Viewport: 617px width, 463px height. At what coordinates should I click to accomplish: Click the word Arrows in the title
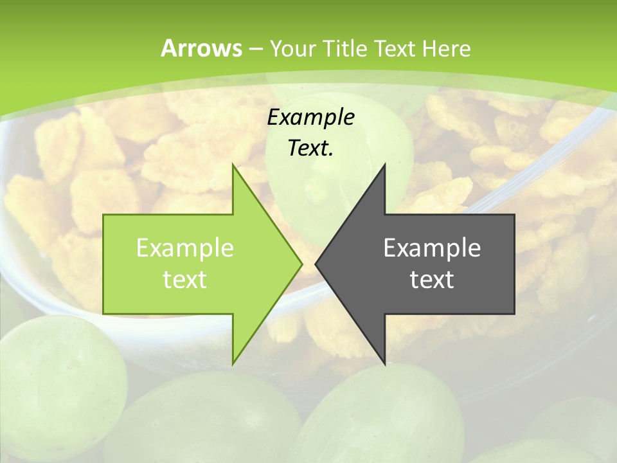pos(201,48)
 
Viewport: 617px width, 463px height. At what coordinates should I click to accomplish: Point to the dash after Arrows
pos(255,50)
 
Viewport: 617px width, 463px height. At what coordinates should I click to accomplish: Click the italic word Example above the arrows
pos(311,118)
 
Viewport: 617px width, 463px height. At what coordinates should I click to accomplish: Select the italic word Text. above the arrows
pos(311,149)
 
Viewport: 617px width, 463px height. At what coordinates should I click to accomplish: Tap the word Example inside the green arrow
pos(185,248)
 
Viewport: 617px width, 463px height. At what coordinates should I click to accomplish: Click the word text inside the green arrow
pos(185,279)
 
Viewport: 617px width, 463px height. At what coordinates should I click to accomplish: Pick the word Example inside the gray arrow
pos(432,248)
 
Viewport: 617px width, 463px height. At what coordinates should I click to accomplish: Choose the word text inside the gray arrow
pos(432,279)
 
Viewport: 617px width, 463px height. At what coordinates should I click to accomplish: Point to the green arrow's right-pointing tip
pos(302,264)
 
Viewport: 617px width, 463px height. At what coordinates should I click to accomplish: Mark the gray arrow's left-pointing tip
pos(316,264)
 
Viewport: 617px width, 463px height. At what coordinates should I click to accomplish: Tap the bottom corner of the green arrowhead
pos(233,364)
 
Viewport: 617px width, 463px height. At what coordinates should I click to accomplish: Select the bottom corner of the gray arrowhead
pos(384,364)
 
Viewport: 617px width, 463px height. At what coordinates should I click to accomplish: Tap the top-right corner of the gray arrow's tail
pos(514,215)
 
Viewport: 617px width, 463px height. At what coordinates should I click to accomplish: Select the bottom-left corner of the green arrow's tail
pos(103,314)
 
